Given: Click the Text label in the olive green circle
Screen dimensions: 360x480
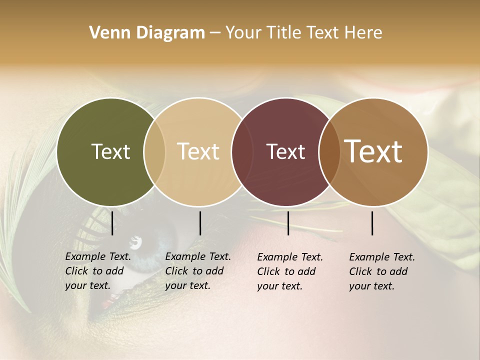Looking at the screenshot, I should coord(110,151).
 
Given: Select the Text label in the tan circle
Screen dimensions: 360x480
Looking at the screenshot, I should coord(198,151).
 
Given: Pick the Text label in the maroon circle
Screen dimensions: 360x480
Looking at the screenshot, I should coord(285,151).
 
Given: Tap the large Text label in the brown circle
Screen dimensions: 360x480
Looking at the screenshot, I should coord(373,151).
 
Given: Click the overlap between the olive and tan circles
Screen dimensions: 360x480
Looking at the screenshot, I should coord(154,151).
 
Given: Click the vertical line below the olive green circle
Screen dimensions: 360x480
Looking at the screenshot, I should coord(112,223).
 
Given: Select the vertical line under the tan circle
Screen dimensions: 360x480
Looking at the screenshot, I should coord(200,223).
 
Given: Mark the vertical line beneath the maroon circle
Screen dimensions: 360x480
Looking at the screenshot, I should coord(288,223).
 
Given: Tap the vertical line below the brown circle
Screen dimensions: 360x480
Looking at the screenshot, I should coord(372,223).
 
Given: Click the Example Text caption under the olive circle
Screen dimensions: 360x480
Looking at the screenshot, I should coord(98,271).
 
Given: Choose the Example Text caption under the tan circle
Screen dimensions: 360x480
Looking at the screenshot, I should coord(198,271).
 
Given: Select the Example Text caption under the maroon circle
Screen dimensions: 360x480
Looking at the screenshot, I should coord(290,271).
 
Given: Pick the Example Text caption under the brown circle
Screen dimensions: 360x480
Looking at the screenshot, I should coord(382,271).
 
